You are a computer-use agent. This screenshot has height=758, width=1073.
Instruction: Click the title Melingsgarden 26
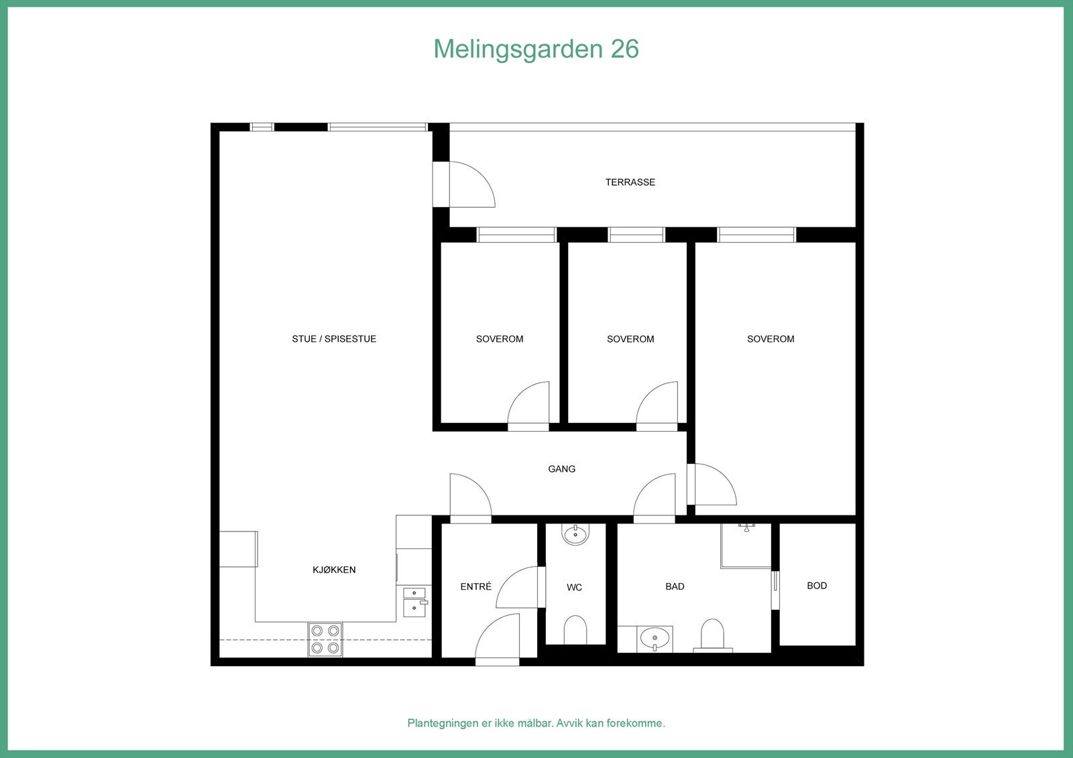[536, 49]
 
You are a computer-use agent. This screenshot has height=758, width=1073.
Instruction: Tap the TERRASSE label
[630, 182]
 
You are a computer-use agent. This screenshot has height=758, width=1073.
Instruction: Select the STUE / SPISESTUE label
[334, 339]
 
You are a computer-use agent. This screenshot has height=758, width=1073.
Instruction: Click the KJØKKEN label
[334, 570]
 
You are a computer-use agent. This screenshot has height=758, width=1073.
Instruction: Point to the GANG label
[561, 469]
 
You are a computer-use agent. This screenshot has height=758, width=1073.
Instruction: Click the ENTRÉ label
[475, 587]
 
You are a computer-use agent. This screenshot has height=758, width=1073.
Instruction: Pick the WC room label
[574, 588]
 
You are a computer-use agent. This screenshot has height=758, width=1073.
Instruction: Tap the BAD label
[675, 586]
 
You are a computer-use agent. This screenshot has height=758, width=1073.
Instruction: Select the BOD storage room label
[816, 586]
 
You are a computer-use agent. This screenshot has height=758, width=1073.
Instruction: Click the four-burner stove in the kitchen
[325, 639]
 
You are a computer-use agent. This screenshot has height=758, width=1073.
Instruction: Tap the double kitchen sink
[414, 601]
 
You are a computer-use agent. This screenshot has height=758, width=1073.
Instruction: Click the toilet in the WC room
[575, 630]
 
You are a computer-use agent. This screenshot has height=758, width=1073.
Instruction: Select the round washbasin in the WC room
[575, 535]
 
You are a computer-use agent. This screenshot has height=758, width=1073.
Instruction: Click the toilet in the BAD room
[712, 635]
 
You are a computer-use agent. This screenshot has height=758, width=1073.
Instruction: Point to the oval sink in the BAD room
[655, 637]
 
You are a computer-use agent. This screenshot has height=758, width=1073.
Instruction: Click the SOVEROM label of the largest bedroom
[771, 339]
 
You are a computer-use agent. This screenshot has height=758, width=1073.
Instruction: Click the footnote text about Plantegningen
[536, 723]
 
